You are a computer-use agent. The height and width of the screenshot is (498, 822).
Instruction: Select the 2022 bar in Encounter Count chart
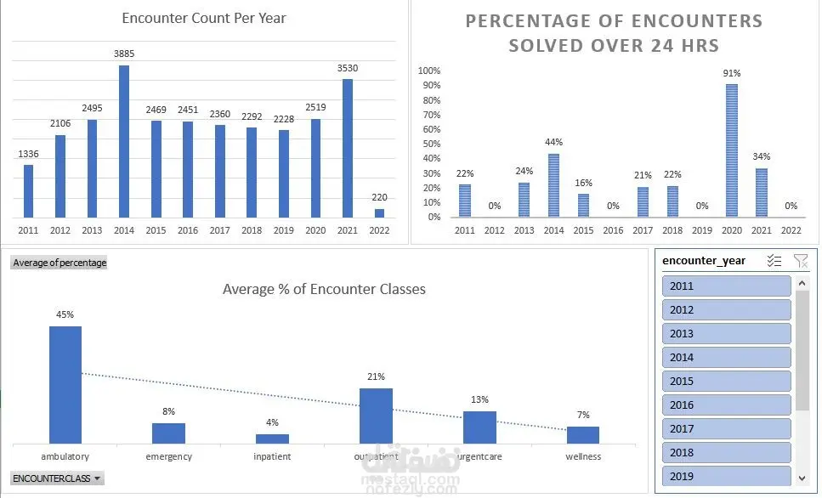(x=379, y=212)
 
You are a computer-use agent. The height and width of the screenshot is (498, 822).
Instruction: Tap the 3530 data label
(x=348, y=67)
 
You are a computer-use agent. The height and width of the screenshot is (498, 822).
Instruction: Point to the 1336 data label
(x=28, y=154)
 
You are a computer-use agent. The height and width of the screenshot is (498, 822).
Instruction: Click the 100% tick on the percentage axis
(x=429, y=71)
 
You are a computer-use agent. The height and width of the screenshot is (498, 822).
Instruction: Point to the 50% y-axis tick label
(x=431, y=144)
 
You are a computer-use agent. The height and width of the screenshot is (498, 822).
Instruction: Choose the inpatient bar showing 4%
(x=272, y=439)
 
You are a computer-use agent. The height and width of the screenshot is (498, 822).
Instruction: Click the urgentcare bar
(x=479, y=427)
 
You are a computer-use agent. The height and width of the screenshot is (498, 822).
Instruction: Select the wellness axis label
(x=583, y=456)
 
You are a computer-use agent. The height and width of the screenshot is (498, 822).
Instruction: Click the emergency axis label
(x=169, y=456)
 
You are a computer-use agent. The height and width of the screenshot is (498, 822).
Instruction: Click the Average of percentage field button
(x=60, y=263)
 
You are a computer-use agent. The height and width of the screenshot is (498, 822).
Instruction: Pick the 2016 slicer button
(x=726, y=405)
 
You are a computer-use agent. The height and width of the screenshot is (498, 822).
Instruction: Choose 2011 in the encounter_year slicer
(x=726, y=286)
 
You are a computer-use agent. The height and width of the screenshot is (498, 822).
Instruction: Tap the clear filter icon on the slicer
(x=800, y=261)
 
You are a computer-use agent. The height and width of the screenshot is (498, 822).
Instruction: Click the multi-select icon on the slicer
(x=774, y=261)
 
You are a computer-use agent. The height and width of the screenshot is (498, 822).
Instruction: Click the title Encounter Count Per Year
(x=204, y=18)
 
